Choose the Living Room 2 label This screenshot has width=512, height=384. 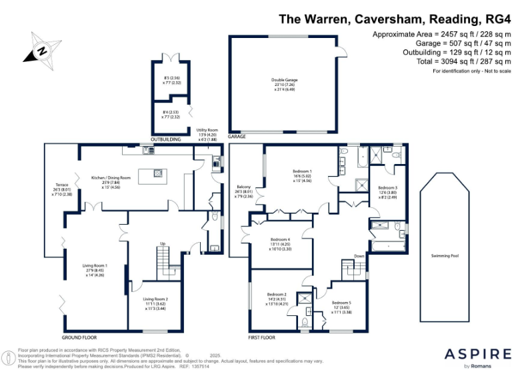click(156, 303)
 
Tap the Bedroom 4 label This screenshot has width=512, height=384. click(280, 243)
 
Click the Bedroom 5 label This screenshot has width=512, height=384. click(341, 306)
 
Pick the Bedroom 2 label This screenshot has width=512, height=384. click(277, 298)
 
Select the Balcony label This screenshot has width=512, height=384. click(244, 191)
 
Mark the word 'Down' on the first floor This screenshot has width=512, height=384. click(359, 255)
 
